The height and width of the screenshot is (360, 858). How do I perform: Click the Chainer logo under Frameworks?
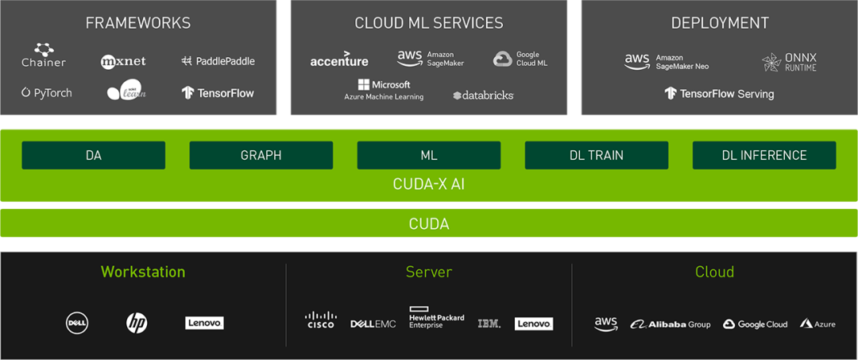(x=44, y=56)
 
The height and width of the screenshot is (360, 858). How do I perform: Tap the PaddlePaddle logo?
(x=218, y=61)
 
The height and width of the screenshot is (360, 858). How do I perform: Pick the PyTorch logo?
(x=47, y=93)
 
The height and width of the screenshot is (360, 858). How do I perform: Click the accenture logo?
(x=339, y=60)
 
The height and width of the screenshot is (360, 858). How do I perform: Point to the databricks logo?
(x=483, y=95)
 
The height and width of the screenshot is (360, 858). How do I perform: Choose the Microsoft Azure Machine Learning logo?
(x=384, y=90)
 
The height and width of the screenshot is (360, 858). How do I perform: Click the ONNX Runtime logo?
(x=789, y=62)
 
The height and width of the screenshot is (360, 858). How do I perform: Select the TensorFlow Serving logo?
(x=719, y=94)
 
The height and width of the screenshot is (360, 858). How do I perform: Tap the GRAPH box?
(x=261, y=156)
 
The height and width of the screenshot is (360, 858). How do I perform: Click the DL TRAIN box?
(x=596, y=156)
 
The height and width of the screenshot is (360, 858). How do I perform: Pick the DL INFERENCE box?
(x=764, y=156)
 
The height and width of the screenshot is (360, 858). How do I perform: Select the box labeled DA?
(x=93, y=156)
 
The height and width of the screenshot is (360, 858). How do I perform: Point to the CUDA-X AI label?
(x=429, y=184)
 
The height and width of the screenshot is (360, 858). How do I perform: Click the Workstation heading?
(x=143, y=272)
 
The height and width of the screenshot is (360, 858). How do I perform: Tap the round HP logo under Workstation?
(x=137, y=323)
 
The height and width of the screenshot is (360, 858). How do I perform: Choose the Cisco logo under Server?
(x=321, y=320)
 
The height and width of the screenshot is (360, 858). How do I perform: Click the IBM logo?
(x=489, y=323)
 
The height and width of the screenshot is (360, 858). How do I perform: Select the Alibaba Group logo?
(x=671, y=324)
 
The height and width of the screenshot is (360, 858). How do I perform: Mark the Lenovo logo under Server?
(x=534, y=323)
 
